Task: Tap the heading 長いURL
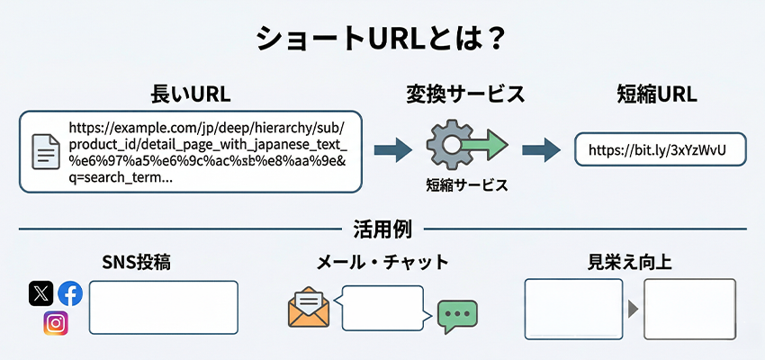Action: click(x=190, y=94)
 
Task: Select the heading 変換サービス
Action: click(x=465, y=94)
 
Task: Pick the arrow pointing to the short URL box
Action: click(x=541, y=149)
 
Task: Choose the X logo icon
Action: click(x=40, y=293)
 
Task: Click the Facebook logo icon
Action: click(x=70, y=293)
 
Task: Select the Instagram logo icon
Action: click(x=56, y=323)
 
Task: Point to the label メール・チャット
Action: click(x=382, y=263)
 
